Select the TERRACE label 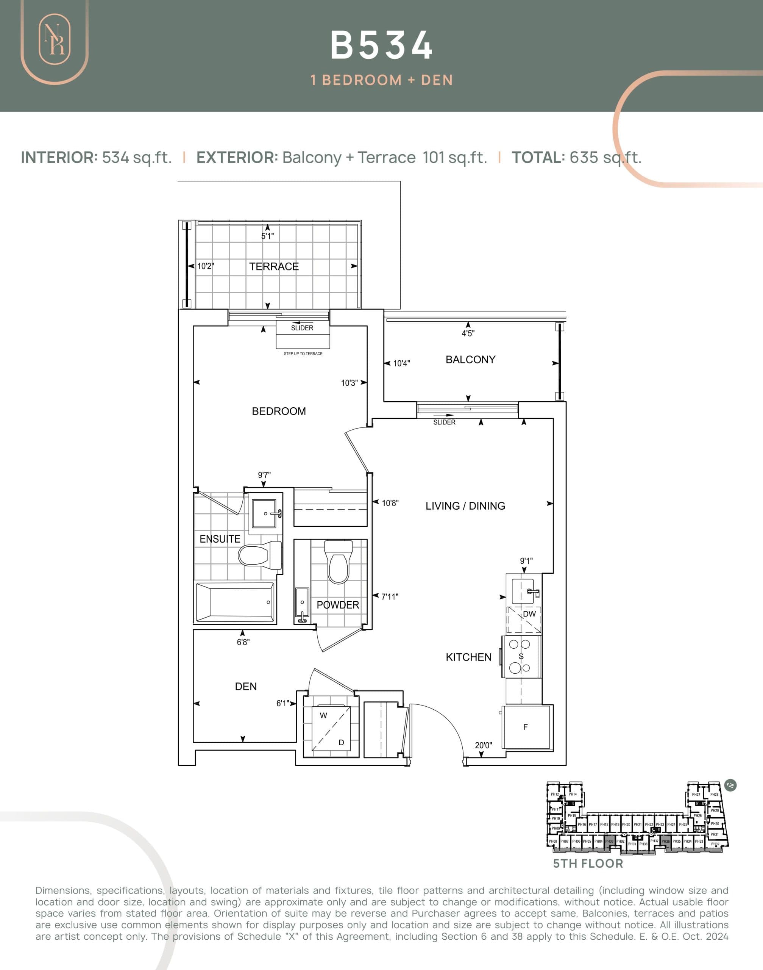[x=274, y=266]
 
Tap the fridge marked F [x=526, y=727]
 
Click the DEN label [x=246, y=686]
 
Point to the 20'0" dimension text [x=483, y=745]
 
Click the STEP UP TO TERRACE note [x=303, y=354]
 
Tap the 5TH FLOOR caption [x=588, y=864]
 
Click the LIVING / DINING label [x=465, y=505]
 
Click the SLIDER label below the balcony [x=444, y=422]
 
